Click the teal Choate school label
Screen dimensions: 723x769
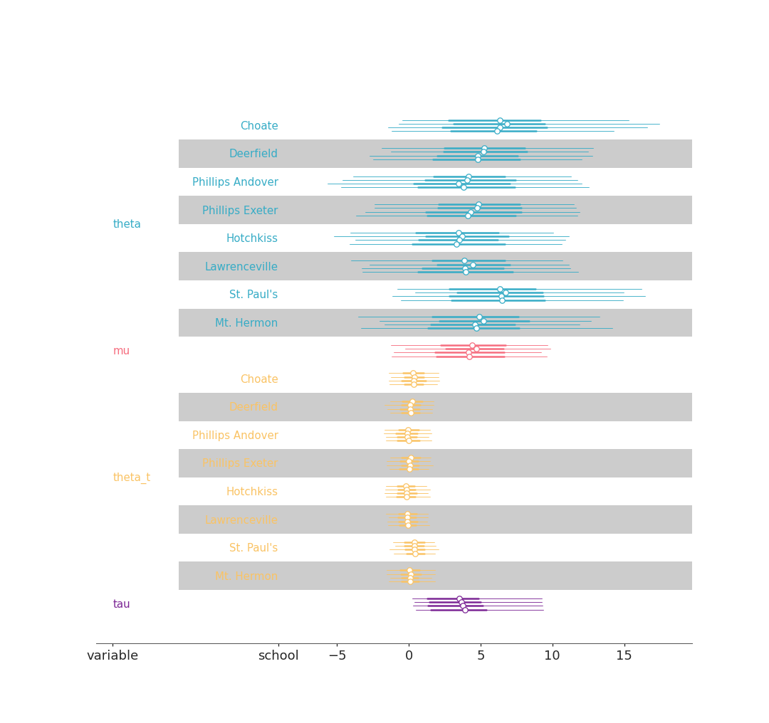coord(259,126)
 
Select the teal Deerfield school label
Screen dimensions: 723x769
coord(253,154)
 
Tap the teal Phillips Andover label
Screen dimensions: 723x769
coord(235,182)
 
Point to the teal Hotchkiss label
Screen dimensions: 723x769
coord(252,238)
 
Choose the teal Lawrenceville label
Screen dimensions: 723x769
coord(241,267)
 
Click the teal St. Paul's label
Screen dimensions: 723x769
coord(253,295)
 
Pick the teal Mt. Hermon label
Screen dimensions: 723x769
coord(246,323)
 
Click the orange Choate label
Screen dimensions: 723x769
coord(259,379)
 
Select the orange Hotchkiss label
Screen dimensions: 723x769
coord(252,492)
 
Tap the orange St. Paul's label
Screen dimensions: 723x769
coord(253,548)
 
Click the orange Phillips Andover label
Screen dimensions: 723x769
coord(235,436)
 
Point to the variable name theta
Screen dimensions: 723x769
coord(127,224)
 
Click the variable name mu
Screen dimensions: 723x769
coord(121,351)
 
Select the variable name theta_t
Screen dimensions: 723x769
coord(132,477)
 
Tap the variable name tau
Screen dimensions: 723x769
coord(121,604)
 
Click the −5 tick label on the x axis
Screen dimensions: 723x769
coord(337,656)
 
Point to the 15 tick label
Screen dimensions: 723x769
coord(624,656)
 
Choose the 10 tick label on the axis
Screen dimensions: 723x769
coord(553,656)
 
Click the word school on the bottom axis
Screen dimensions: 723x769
coord(278,656)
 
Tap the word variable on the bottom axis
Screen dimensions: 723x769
coord(113,656)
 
